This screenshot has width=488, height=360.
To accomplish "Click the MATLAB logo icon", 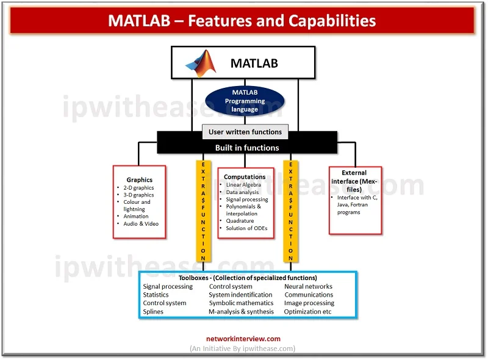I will (201, 63).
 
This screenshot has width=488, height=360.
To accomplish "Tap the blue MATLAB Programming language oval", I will (244, 101).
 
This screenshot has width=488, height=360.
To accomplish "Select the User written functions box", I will (245, 132).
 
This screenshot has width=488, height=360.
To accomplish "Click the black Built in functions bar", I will (247, 148).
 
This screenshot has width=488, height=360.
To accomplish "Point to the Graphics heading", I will (140, 180).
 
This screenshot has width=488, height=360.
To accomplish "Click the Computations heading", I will (245, 177).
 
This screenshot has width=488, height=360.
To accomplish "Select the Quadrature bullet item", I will (240, 221).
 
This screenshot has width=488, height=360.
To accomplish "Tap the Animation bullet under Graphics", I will (136, 216).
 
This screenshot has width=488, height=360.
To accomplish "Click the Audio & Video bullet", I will (141, 223).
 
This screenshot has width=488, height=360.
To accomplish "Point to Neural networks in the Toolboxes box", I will (308, 286).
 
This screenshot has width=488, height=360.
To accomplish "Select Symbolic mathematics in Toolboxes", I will (241, 303).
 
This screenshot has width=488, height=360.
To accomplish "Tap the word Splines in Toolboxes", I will (153, 312).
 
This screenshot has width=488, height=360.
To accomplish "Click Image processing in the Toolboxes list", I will (309, 303).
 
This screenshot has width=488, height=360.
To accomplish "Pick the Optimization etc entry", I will (308, 312).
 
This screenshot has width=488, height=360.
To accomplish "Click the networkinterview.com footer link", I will (243, 339).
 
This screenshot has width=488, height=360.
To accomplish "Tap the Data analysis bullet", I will (242, 192).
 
